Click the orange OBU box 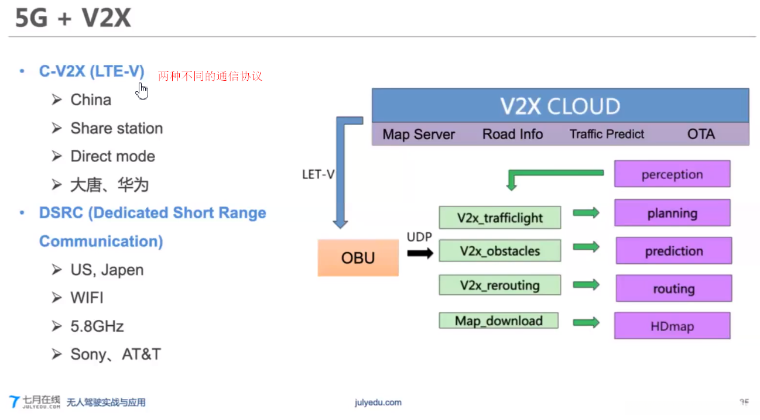(358, 257)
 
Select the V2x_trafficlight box (499, 218)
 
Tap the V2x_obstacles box (499, 251)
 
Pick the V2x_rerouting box (499, 285)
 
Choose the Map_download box (498, 321)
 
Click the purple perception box (672, 174)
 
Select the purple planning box (672, 214)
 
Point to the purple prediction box (673, 251)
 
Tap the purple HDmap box (672, 326)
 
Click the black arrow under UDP (420, 253)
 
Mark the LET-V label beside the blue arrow (318, 174)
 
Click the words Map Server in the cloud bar (418, 135)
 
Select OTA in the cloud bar (700, 135)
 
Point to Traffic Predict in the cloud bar (607, 135)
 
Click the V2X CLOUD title (560, 106)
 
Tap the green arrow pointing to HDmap (586, 322)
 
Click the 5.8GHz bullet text (97, 326)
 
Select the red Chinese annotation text (210, 76)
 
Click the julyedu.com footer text (378, 402)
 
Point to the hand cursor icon (142, 91)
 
